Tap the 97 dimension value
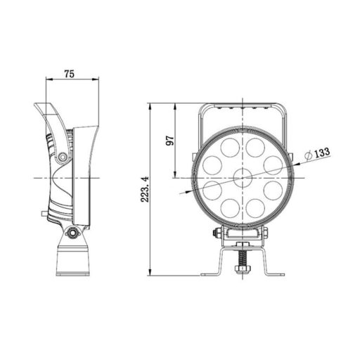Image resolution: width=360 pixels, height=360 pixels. (169, 139)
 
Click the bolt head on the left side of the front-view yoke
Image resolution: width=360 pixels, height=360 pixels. (218, 234)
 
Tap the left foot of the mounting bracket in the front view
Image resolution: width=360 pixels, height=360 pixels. (207, 274)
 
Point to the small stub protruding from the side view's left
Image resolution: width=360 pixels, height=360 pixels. (44, 212)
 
